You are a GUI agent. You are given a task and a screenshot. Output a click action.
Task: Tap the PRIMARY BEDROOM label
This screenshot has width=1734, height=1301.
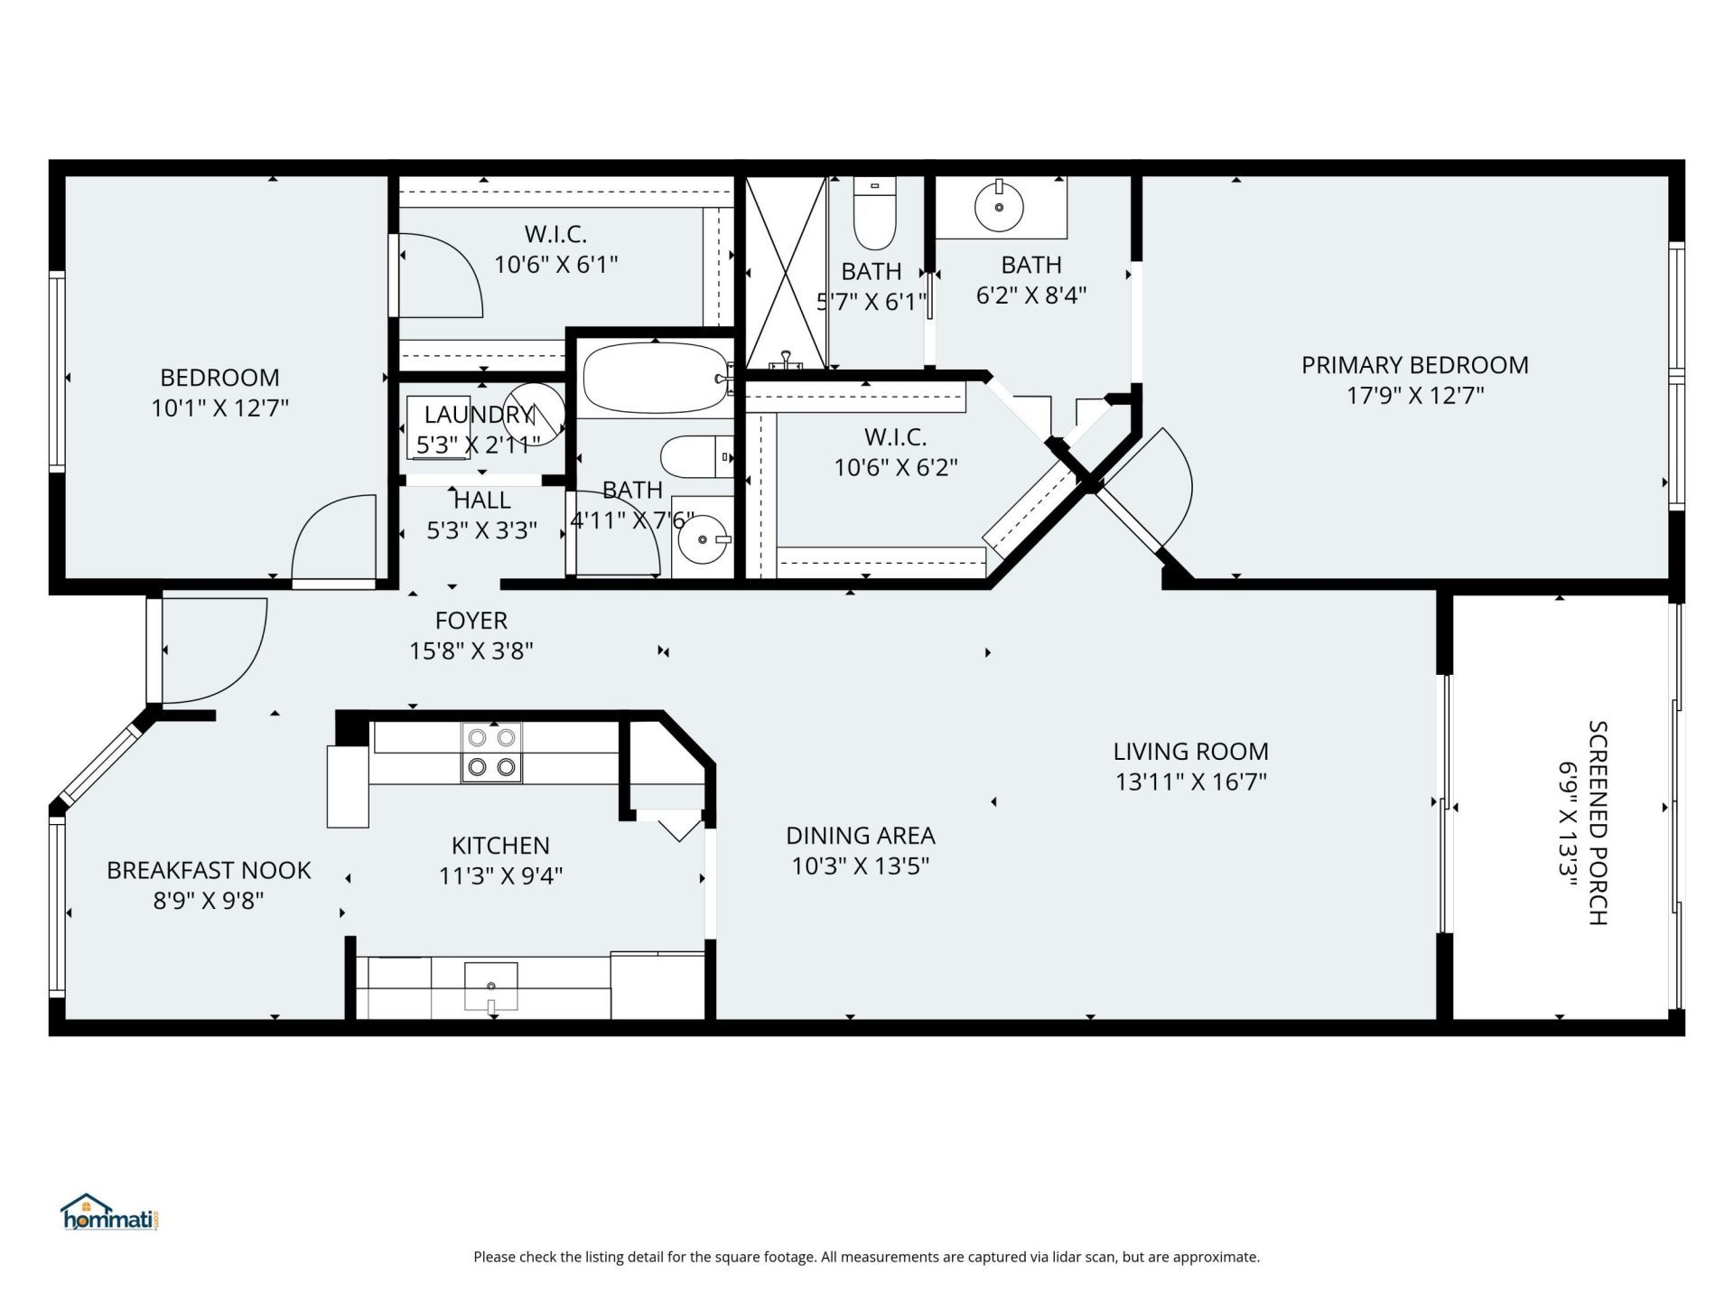(1414, 365)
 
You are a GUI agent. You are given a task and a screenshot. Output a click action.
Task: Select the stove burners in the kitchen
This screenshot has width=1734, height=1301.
(491, 753)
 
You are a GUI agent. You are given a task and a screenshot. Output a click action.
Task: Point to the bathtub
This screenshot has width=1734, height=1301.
(654, 379)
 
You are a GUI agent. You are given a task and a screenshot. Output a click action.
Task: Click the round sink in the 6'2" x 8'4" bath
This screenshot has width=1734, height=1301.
(999, 207)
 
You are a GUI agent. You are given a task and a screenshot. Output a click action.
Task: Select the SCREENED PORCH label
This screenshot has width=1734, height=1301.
(1597, 822)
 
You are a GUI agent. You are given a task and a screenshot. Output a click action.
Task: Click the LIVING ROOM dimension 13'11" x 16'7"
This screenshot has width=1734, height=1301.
(1190, 782)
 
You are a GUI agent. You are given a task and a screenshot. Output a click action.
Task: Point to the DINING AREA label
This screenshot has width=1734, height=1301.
(860, 836)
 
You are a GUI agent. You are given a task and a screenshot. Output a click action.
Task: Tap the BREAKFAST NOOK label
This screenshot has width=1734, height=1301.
(209, 870)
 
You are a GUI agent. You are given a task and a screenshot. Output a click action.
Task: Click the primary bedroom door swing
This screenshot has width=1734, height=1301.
(1151, 488)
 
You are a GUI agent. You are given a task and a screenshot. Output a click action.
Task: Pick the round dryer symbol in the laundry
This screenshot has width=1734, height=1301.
(534, 413)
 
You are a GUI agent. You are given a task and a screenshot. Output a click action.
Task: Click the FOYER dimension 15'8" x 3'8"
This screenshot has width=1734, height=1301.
(471, 650)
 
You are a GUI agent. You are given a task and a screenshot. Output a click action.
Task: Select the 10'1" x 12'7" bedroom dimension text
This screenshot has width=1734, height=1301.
(219, 408)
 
